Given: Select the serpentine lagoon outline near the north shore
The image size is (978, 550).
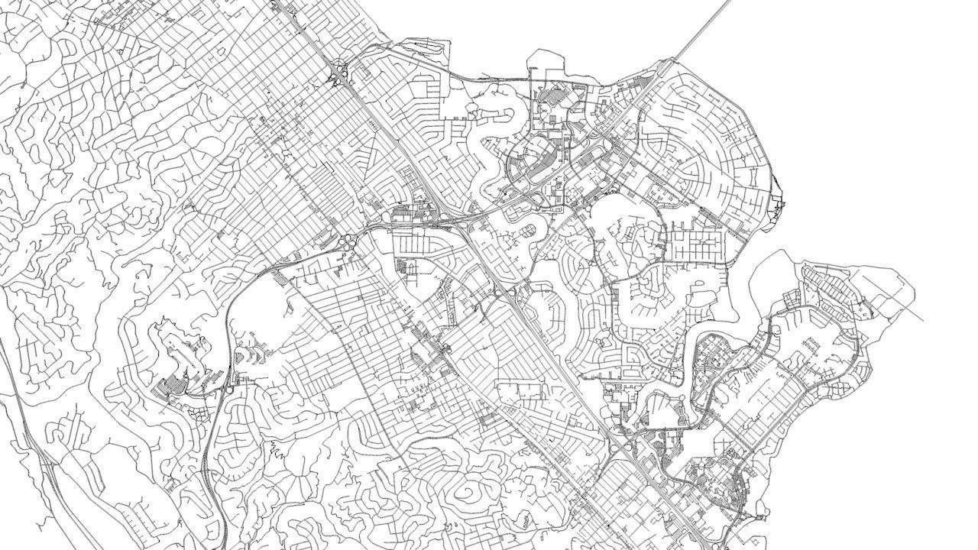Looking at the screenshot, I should tap(497, 122).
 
